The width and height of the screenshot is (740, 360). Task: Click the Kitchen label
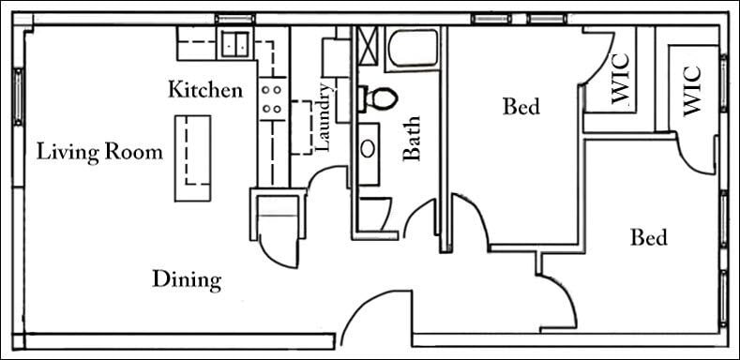coord(205,90)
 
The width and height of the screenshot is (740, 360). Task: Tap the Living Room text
coord(100,151)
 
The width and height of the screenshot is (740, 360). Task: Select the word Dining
coord(187,278)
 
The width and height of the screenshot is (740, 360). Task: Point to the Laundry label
coord(325,118)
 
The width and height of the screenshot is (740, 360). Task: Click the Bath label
coord(411,138)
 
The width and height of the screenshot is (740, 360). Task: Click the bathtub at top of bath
coord(414,47)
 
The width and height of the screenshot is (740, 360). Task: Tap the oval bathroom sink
coord(369,148)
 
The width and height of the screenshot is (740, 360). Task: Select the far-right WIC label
coord(691,89)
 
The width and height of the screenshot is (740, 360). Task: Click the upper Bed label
coord(521,107)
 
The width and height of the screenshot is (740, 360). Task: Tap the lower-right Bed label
coord(648,237)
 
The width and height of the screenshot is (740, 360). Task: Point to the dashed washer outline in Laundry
coord(303,126)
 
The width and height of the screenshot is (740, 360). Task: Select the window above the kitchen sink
coord(234,19)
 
